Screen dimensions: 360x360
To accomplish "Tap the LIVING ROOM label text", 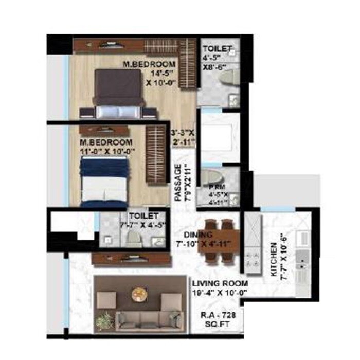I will click(220, 283).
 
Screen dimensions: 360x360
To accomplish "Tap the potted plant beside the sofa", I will click(104, 320).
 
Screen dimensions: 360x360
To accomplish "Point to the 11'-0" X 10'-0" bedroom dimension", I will click(107, 151).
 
